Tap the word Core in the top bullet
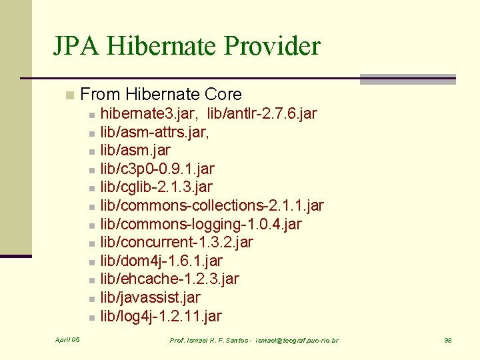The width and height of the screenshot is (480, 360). [x=222, y=95]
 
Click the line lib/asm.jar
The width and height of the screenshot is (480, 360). [x=135, y=151]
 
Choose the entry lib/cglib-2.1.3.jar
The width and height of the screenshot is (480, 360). [x=156, y=187]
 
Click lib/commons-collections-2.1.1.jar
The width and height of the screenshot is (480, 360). [x=212, y=205]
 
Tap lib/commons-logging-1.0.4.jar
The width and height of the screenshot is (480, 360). [x=201, y=224]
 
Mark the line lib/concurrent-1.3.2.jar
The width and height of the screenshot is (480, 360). [x=177, y=242]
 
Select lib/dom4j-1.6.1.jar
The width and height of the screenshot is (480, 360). [x=161, y=261]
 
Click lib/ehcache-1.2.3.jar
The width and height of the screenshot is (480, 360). [x=169, y=279]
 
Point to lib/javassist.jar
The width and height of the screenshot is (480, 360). [x=150, y=297]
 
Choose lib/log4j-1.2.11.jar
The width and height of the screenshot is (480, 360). [x=161, y=316]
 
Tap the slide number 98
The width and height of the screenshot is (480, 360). [x=448, y=341]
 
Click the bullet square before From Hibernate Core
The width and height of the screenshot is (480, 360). [x=69, y=95]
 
